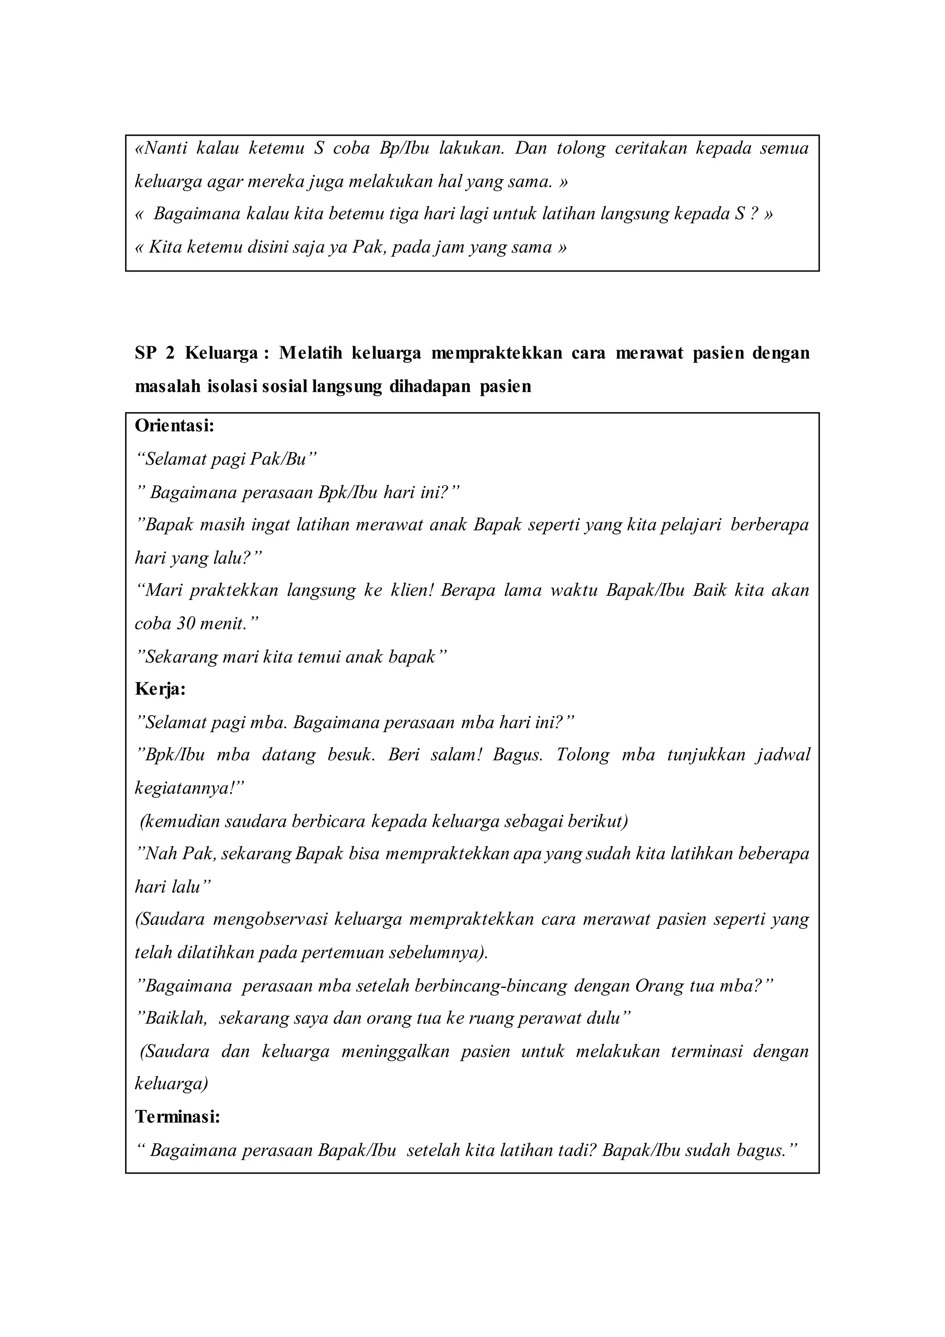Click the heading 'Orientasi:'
(x=174, y=426)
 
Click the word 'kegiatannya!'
(x=190, y=789)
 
